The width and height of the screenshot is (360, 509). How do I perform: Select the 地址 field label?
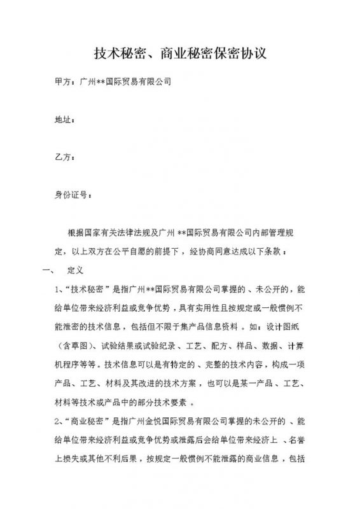tap(65, 120)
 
